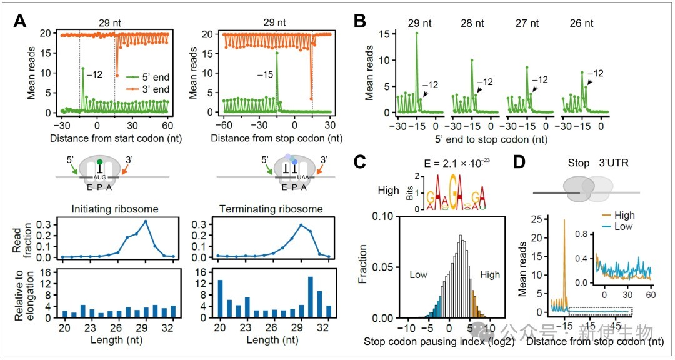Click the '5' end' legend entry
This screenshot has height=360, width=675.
pyautogui.click(x=144, y=77)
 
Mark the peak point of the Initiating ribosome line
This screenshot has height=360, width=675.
pyautogui.click(x=146, y=221)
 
